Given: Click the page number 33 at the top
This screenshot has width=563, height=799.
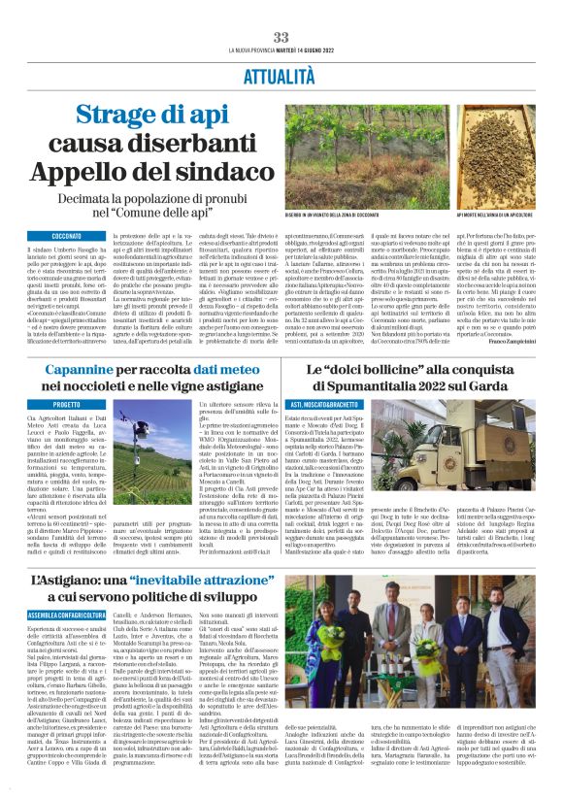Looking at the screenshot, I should [x=281, y=37].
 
